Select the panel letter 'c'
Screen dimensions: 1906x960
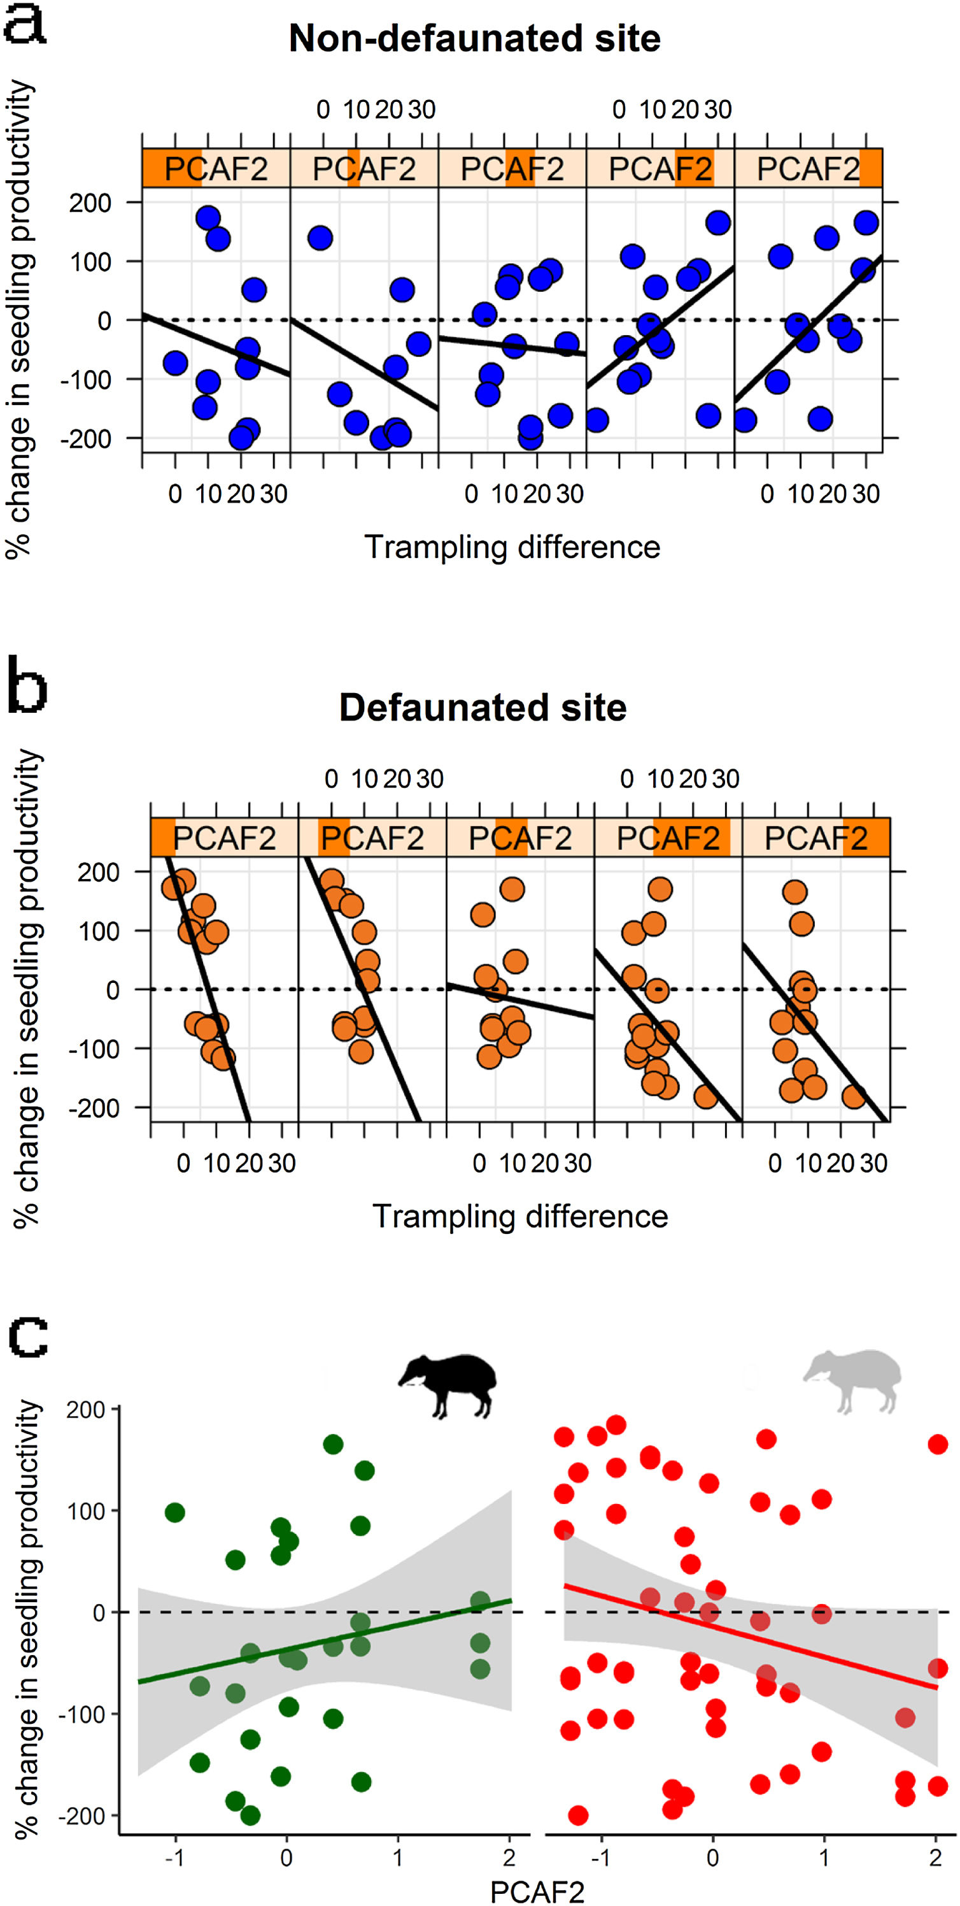27,1335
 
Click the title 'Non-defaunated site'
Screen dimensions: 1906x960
474,38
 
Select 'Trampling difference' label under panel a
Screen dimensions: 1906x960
512,548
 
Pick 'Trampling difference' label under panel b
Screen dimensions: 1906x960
520,1216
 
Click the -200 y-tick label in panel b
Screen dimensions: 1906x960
94,1108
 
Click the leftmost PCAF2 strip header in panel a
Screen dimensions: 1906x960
216,169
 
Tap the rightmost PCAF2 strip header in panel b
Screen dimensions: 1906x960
815,838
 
